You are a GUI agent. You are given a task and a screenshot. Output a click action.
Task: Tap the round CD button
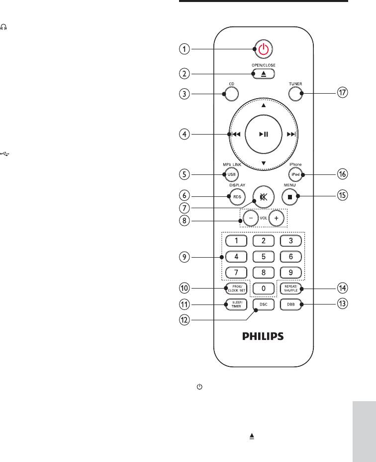click(231, 93)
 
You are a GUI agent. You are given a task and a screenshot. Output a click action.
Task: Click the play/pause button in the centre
click(264, 134)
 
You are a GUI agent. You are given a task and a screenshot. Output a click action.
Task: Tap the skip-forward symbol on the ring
click(291, 135)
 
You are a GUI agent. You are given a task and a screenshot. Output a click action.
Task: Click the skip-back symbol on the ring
click(235, 135)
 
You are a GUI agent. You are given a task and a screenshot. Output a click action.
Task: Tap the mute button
click(264, 196)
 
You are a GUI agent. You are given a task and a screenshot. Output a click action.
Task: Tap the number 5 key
click(264, 258)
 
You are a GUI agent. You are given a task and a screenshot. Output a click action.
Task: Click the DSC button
click(264, 305)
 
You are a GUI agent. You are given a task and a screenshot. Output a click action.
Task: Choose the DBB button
click(292, 305)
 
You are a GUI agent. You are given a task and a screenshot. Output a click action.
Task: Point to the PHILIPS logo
click(263, 336)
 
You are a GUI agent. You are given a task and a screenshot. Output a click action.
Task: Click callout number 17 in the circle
click(343, 93)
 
